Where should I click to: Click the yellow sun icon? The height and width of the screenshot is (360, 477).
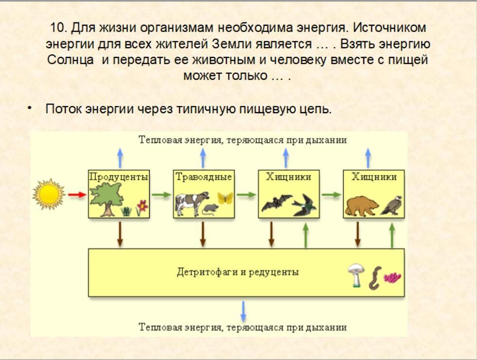pos(49,194)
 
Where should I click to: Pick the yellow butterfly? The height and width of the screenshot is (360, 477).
pos(225,198)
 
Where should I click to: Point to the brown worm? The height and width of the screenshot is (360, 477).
pos(376,277)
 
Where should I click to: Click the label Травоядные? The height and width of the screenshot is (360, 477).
pos(203,177)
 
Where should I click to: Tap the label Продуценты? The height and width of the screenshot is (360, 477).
pos(119,177)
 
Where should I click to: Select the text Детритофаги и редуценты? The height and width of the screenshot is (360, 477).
pos(238,272)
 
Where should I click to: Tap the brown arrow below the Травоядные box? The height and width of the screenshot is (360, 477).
pos(203,234)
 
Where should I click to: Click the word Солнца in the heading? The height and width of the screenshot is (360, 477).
pos(71,61)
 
